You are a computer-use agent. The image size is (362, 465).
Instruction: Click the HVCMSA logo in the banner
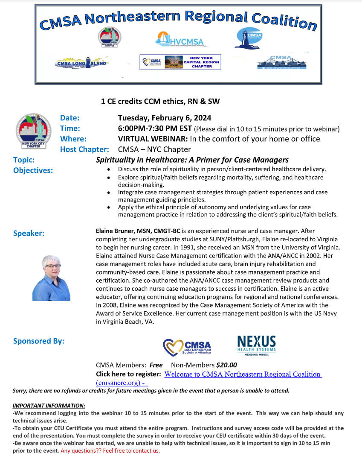(180, 39)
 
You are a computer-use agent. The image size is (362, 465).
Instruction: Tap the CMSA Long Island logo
(81, 63)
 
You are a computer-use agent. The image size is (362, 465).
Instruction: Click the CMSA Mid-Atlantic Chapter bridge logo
(282, 62)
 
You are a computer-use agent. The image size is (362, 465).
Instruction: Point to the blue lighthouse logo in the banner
(248, 38)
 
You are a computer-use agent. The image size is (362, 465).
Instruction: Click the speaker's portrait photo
(51, 278)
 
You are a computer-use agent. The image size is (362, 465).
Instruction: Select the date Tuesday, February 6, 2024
(165, 118)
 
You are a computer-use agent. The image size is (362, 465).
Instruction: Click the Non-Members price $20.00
(226, 365)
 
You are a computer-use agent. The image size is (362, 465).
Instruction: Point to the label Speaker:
(29, 233)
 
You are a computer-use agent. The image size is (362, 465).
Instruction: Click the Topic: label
(24, 160)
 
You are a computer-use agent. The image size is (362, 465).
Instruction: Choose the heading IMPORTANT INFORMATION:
(49, 405)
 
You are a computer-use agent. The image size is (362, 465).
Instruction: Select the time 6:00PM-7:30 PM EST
(155, 128)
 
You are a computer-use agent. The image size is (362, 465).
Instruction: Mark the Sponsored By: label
(39, 341)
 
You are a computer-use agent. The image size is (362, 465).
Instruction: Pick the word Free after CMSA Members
(156, 365)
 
